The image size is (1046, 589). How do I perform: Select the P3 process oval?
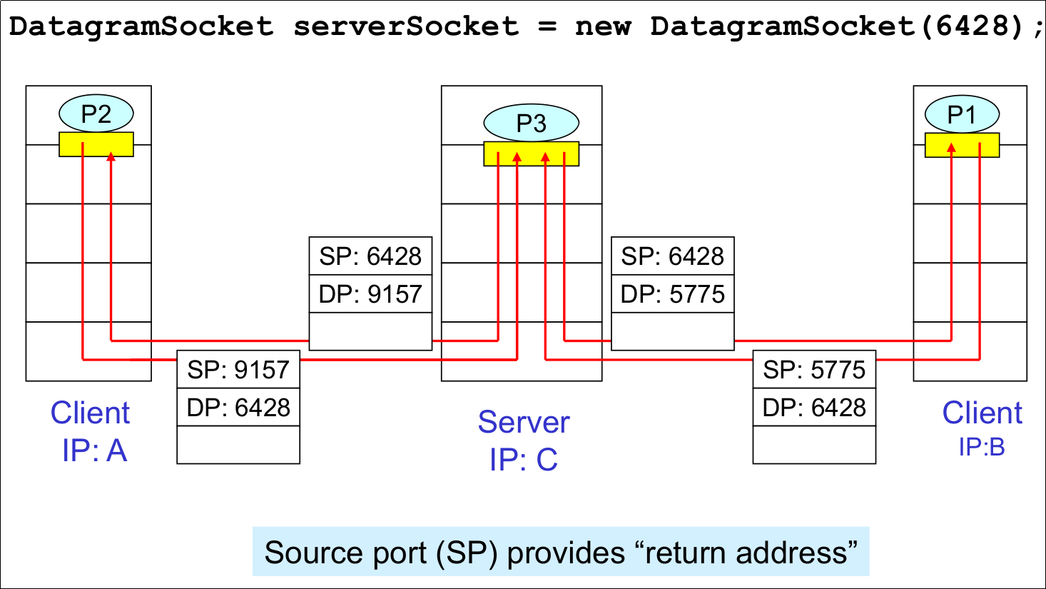tap(531, 123)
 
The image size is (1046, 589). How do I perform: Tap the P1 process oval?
tap(961, 114)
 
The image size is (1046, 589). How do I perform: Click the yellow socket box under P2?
tap(96, 144)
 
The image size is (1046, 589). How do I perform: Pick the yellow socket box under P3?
tap(531, 153)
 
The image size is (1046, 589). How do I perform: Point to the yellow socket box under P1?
tap(962, 145)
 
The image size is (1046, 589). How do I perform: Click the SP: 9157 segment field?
tap(238, 370)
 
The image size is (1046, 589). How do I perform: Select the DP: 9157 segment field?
tap(370, 293)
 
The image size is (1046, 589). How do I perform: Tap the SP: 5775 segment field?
tap(814, 370)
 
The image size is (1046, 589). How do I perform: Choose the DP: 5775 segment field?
tap(672, 293)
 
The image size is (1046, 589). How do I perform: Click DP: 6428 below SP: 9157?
tap(238, 408)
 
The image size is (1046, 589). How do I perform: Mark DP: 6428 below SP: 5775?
tap(814, 408)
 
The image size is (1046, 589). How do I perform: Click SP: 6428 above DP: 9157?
tap(370, 256)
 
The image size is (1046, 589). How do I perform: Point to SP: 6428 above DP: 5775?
tap(672, 256)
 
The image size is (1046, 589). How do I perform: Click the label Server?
tap(524, 422)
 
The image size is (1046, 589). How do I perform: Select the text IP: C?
tap(524, 460)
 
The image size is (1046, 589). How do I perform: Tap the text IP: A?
tap(94, 450)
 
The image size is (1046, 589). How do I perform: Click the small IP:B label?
tap(982, 447)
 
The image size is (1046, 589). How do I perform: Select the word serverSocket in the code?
tap(405, 26)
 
